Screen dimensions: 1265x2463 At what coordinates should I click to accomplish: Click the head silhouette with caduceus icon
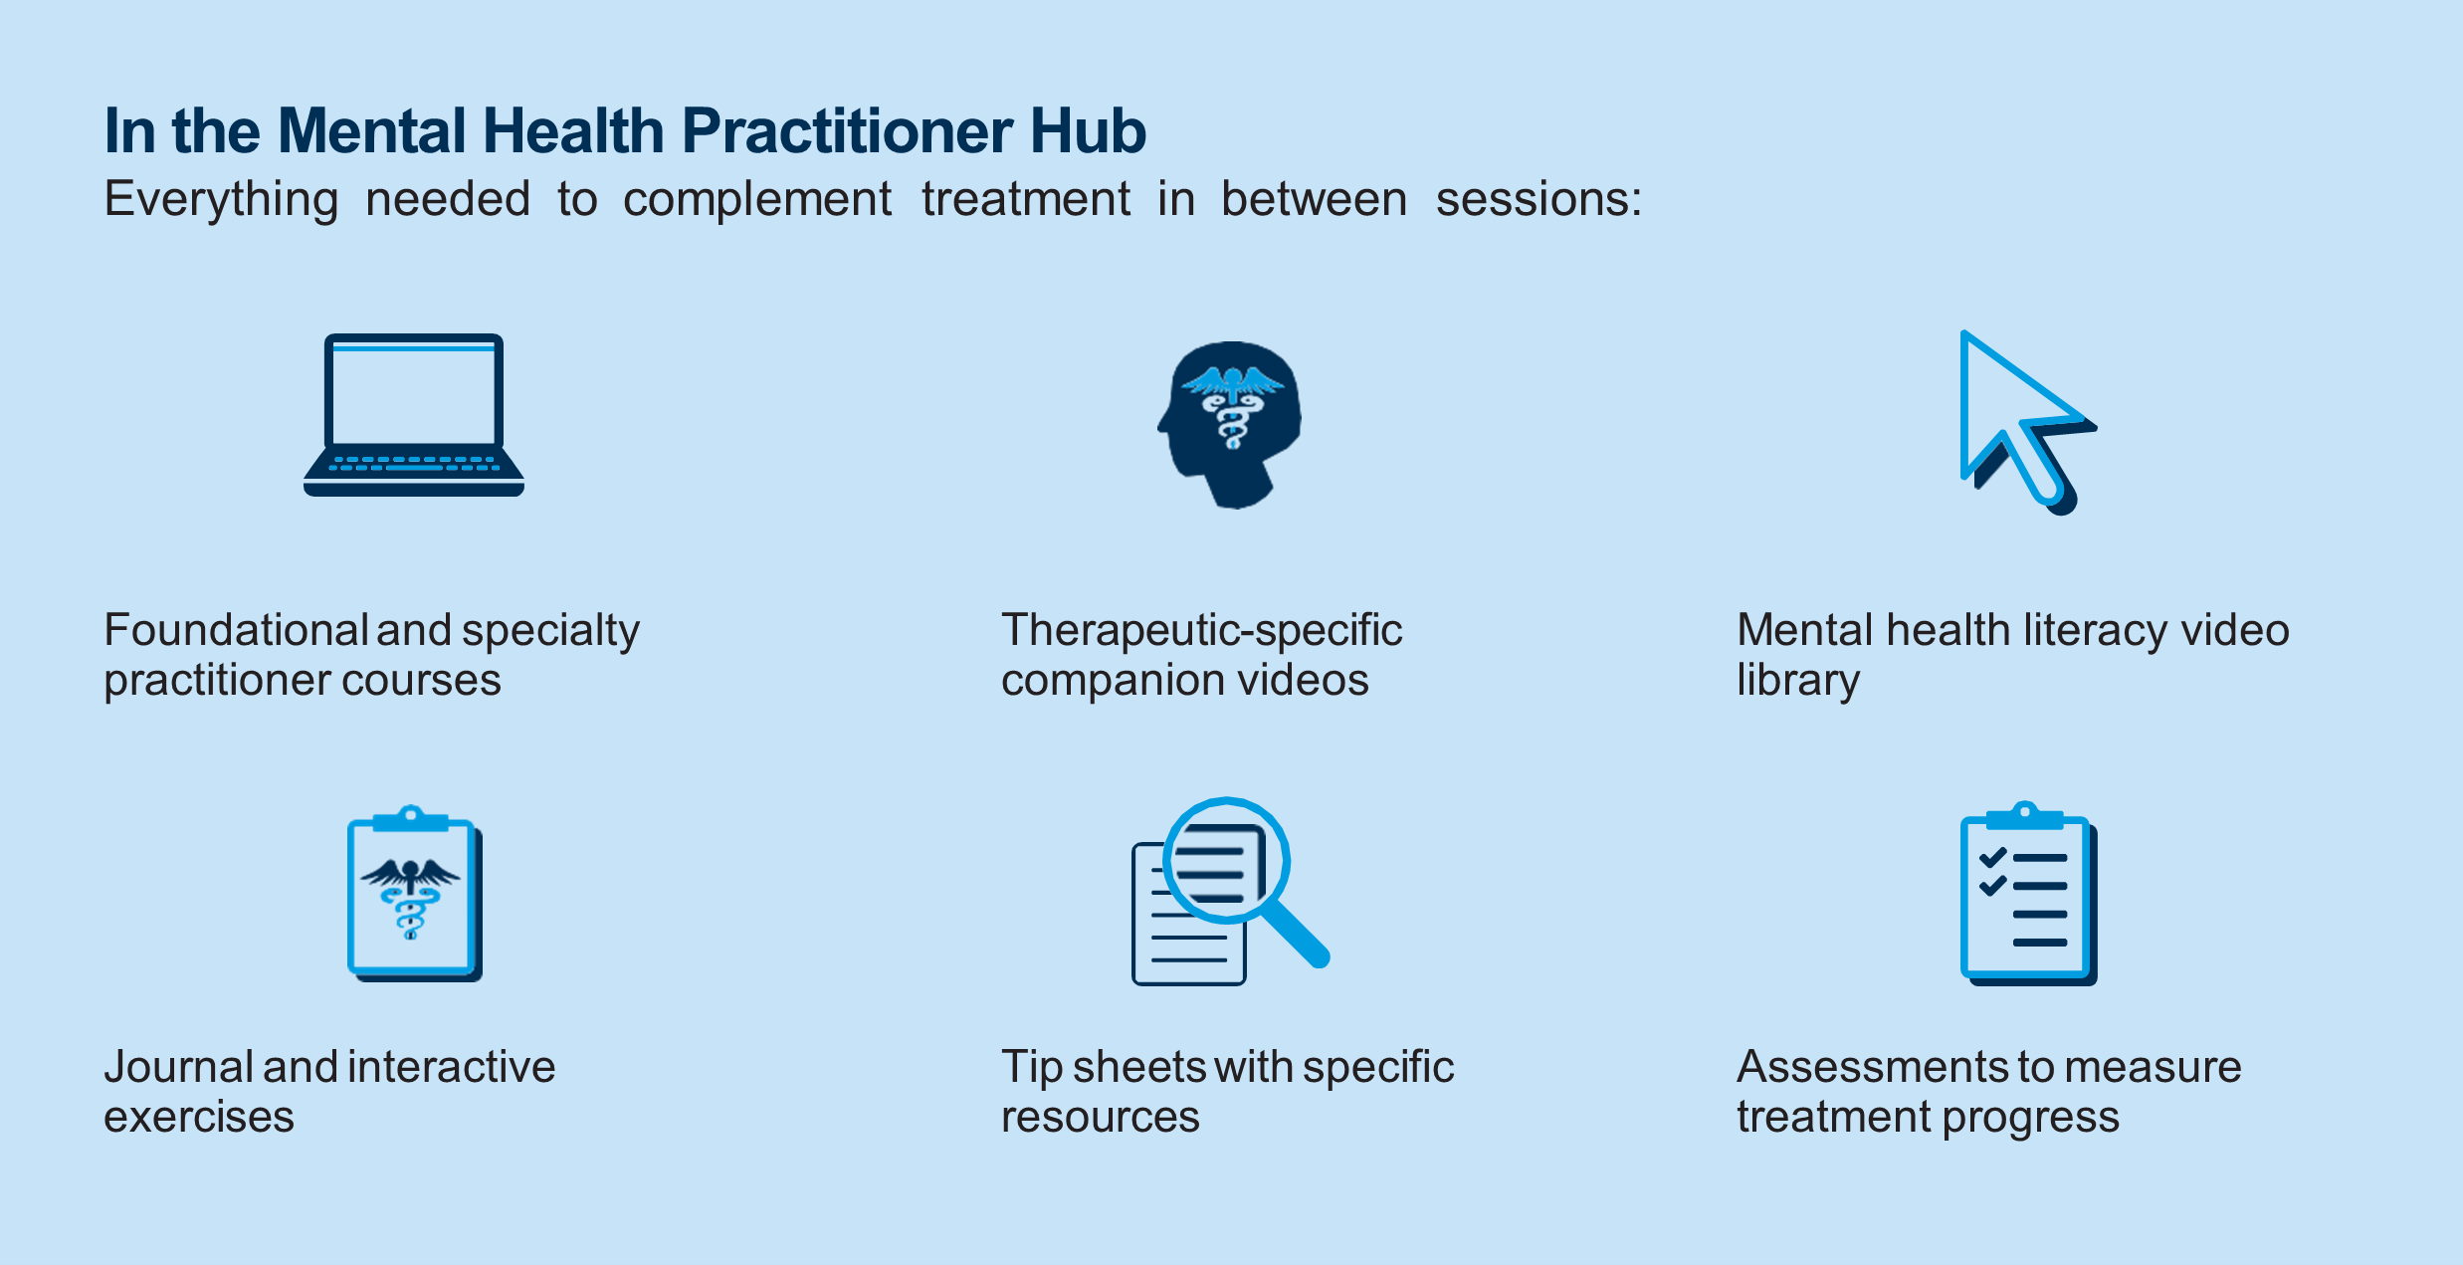[1232, 423]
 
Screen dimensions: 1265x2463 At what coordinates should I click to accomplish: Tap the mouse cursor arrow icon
[2020, 423]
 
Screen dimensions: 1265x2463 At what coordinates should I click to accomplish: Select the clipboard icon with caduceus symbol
[412, 894]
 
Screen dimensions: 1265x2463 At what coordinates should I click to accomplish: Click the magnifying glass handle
[1294, 932]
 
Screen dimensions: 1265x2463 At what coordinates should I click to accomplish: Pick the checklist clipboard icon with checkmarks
[2027, 896]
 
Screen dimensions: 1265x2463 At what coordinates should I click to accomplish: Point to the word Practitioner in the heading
[846, 131]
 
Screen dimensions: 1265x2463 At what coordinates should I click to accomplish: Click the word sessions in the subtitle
[1538, 199]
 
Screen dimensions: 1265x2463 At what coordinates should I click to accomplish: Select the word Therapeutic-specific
[1201, 630]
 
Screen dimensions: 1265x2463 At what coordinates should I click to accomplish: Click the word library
[1797, 681]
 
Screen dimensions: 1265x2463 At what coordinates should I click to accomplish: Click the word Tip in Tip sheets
[1031, 1067]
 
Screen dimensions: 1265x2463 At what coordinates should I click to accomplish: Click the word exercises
[199, 1118]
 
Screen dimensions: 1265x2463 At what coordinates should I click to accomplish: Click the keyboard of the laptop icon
[413, 464]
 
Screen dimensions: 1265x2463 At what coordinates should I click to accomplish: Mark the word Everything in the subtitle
[221, 199]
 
